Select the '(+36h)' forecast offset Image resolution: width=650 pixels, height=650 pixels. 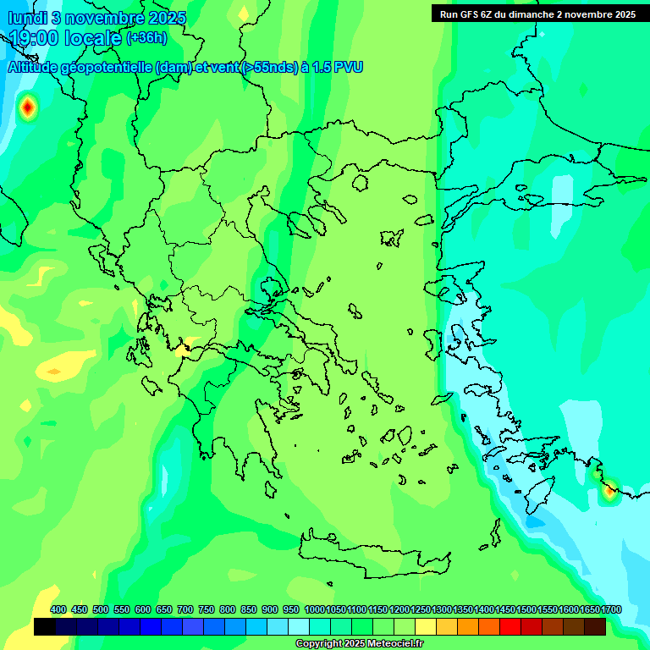pos(146,38)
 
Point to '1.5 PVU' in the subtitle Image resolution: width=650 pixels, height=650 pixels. pos(338,68)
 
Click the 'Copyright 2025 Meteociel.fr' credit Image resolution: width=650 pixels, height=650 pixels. pos(359,644)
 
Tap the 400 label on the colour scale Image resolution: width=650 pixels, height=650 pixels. pos(58,610)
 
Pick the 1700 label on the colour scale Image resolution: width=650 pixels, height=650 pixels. pos(611,610)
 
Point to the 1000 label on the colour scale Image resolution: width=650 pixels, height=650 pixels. pos(314,610)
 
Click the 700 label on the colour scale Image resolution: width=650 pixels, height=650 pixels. pos(185,610)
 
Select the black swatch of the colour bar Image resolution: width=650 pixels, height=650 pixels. pos(45,627)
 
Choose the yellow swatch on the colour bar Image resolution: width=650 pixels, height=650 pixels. pos(426,627)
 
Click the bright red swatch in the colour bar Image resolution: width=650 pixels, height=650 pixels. pos(510,627)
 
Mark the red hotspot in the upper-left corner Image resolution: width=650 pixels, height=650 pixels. pos(28,107)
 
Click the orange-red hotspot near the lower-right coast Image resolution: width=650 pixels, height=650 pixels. pos(609,490)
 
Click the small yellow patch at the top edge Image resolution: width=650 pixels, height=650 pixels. pos(244,12)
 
